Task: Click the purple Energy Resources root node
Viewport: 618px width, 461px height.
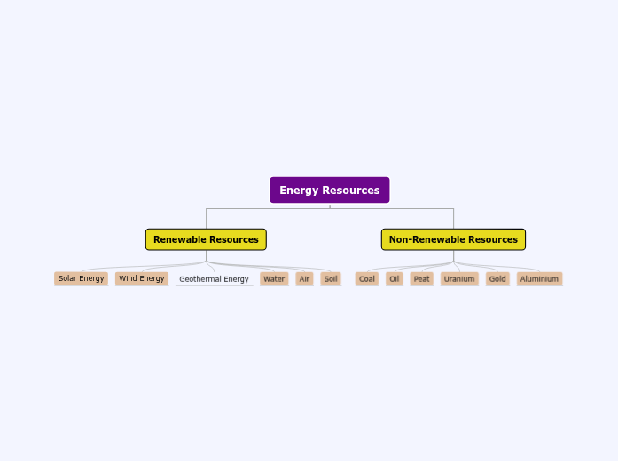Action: pos(329,191)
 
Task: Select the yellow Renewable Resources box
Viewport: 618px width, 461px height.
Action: pos(206,239)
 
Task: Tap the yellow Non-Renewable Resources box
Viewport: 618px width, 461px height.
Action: pos(453,239)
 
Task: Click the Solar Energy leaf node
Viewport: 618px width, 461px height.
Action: pos(81,278)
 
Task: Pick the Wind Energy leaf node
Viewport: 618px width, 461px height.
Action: pos(142,278)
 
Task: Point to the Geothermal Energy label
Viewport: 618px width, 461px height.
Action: pos(214,279)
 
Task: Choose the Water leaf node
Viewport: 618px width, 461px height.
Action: pos(274,278)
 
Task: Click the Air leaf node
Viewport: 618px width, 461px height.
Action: pos(304,278)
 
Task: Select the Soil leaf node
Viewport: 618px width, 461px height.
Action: pos(331,278)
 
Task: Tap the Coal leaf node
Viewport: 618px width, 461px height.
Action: pos(367,278)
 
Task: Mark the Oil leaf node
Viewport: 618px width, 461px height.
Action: pos(395,278)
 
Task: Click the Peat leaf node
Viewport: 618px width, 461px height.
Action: pos(422,278)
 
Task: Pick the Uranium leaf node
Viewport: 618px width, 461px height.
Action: pos(459,278)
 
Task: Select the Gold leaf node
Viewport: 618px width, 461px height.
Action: pos(497,278)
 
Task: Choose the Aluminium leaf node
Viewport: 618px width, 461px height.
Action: pos(539,278)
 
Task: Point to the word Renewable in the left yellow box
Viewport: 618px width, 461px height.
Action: pos(180,239)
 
